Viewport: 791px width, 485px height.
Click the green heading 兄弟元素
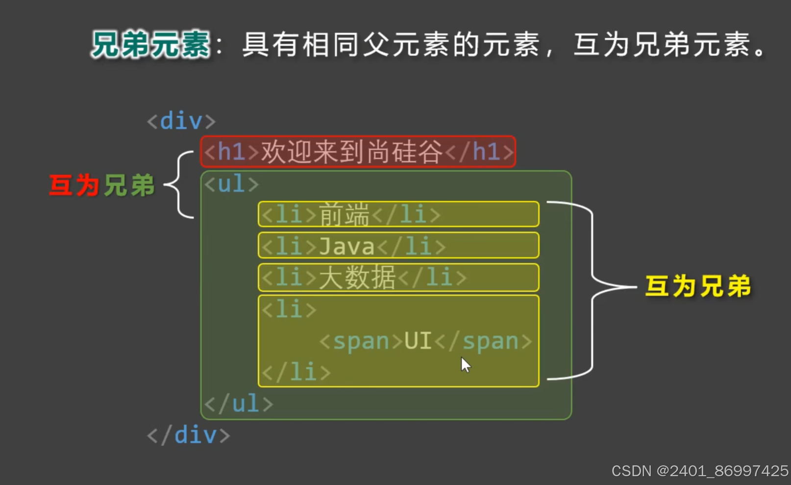[x=151, y=45]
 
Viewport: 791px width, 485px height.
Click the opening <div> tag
[x=181, y=121]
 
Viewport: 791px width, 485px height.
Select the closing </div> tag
[x=189, y=435]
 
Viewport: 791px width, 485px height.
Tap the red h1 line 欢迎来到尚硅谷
[x=358, y=152]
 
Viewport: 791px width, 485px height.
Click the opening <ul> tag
[x=231, y=184]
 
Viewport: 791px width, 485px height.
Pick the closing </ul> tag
[x=239, y=404]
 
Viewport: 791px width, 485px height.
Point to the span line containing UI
[x=425, y=341]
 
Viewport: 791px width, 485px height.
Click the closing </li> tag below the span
[x=296, y=372]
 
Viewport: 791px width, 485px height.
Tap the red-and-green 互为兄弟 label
[x=102, y=185]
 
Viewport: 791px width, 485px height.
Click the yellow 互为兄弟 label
[x=698, y=286]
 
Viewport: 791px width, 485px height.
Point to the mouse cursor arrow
[x=465, y=364]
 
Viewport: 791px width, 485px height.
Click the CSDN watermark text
[x=699, y=471]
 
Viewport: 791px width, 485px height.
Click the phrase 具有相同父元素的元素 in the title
[x=391, y=45]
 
